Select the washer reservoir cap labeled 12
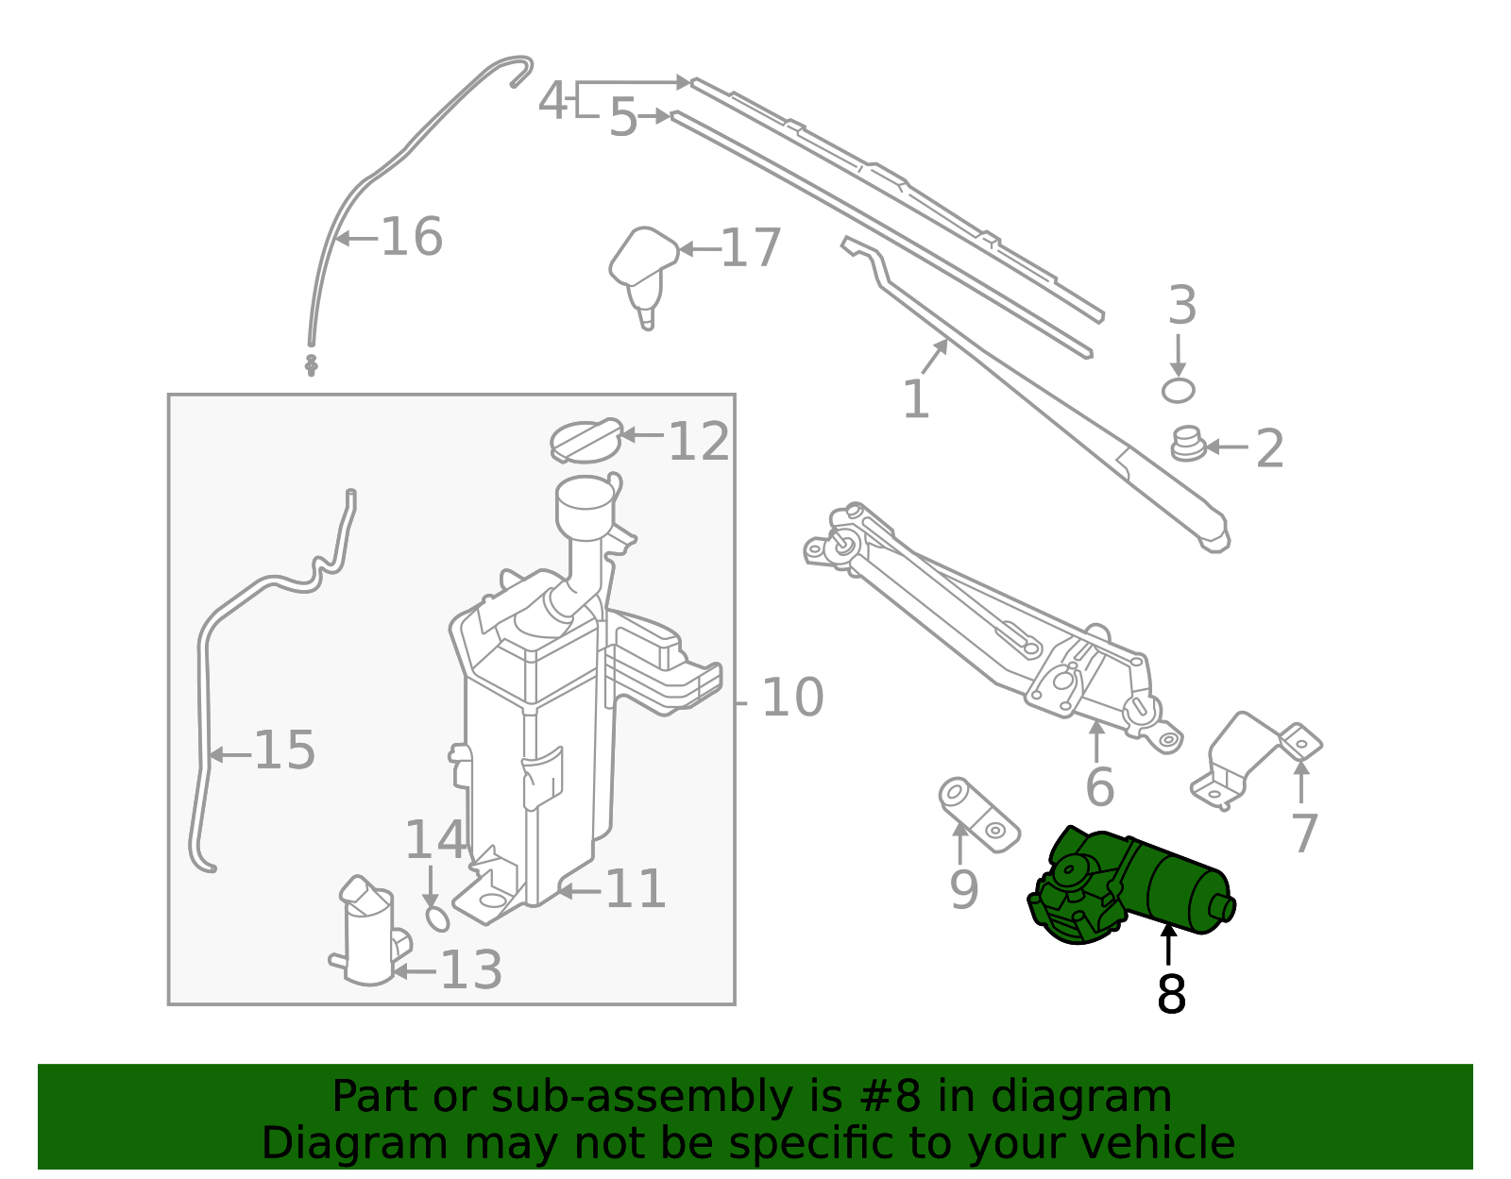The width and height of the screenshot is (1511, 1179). tap(586, 441)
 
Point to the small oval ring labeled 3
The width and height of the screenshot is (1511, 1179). tap(1178, 390)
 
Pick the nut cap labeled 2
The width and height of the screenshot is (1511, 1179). tap(1188, 445)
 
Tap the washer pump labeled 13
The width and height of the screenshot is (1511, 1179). tap(368, 935)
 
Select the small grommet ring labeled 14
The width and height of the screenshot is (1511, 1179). tap(438, 918)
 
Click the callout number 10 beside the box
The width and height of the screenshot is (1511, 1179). tap(792, 698)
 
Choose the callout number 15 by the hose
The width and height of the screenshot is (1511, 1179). tap(284, 750)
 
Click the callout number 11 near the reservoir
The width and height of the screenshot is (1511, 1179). tap(635, 889)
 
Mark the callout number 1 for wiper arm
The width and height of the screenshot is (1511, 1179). tap(915, 399)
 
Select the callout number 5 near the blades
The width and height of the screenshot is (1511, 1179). tap(622, 118)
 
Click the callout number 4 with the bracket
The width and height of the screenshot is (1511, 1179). tap(552, 100)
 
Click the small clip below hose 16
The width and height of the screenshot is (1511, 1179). tap(311, 364)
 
